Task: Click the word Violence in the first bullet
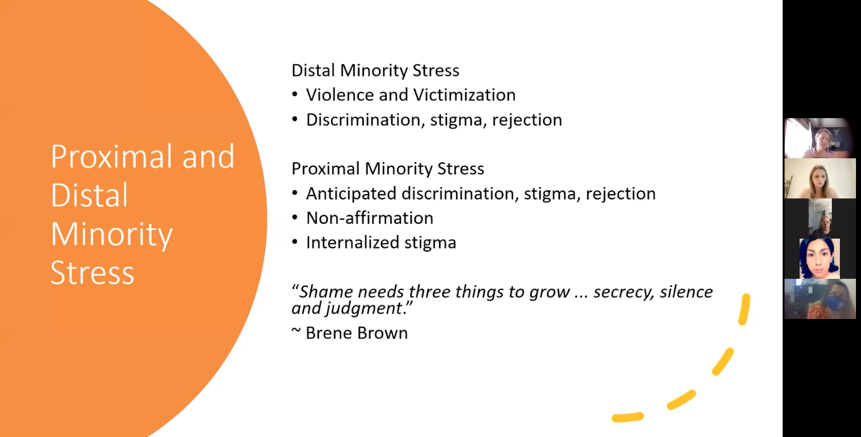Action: pos(340,95)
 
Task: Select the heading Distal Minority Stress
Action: pos(375,70)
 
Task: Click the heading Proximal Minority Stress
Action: pos(387,169)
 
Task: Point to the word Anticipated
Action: pos(351,193)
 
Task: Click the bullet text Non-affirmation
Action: pos(369,218)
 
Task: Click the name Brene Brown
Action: pos(356,333)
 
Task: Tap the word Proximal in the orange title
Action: pos(113,157)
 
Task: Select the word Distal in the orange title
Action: pos(89,195)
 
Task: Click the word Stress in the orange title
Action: pos(92,273)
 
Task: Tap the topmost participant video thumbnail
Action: pos(820,138)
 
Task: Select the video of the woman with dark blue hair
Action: pos(819,259)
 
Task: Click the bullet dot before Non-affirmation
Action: pos(295,217)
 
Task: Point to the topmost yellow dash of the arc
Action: pos(744,309)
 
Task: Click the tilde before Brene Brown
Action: pos(296,331)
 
